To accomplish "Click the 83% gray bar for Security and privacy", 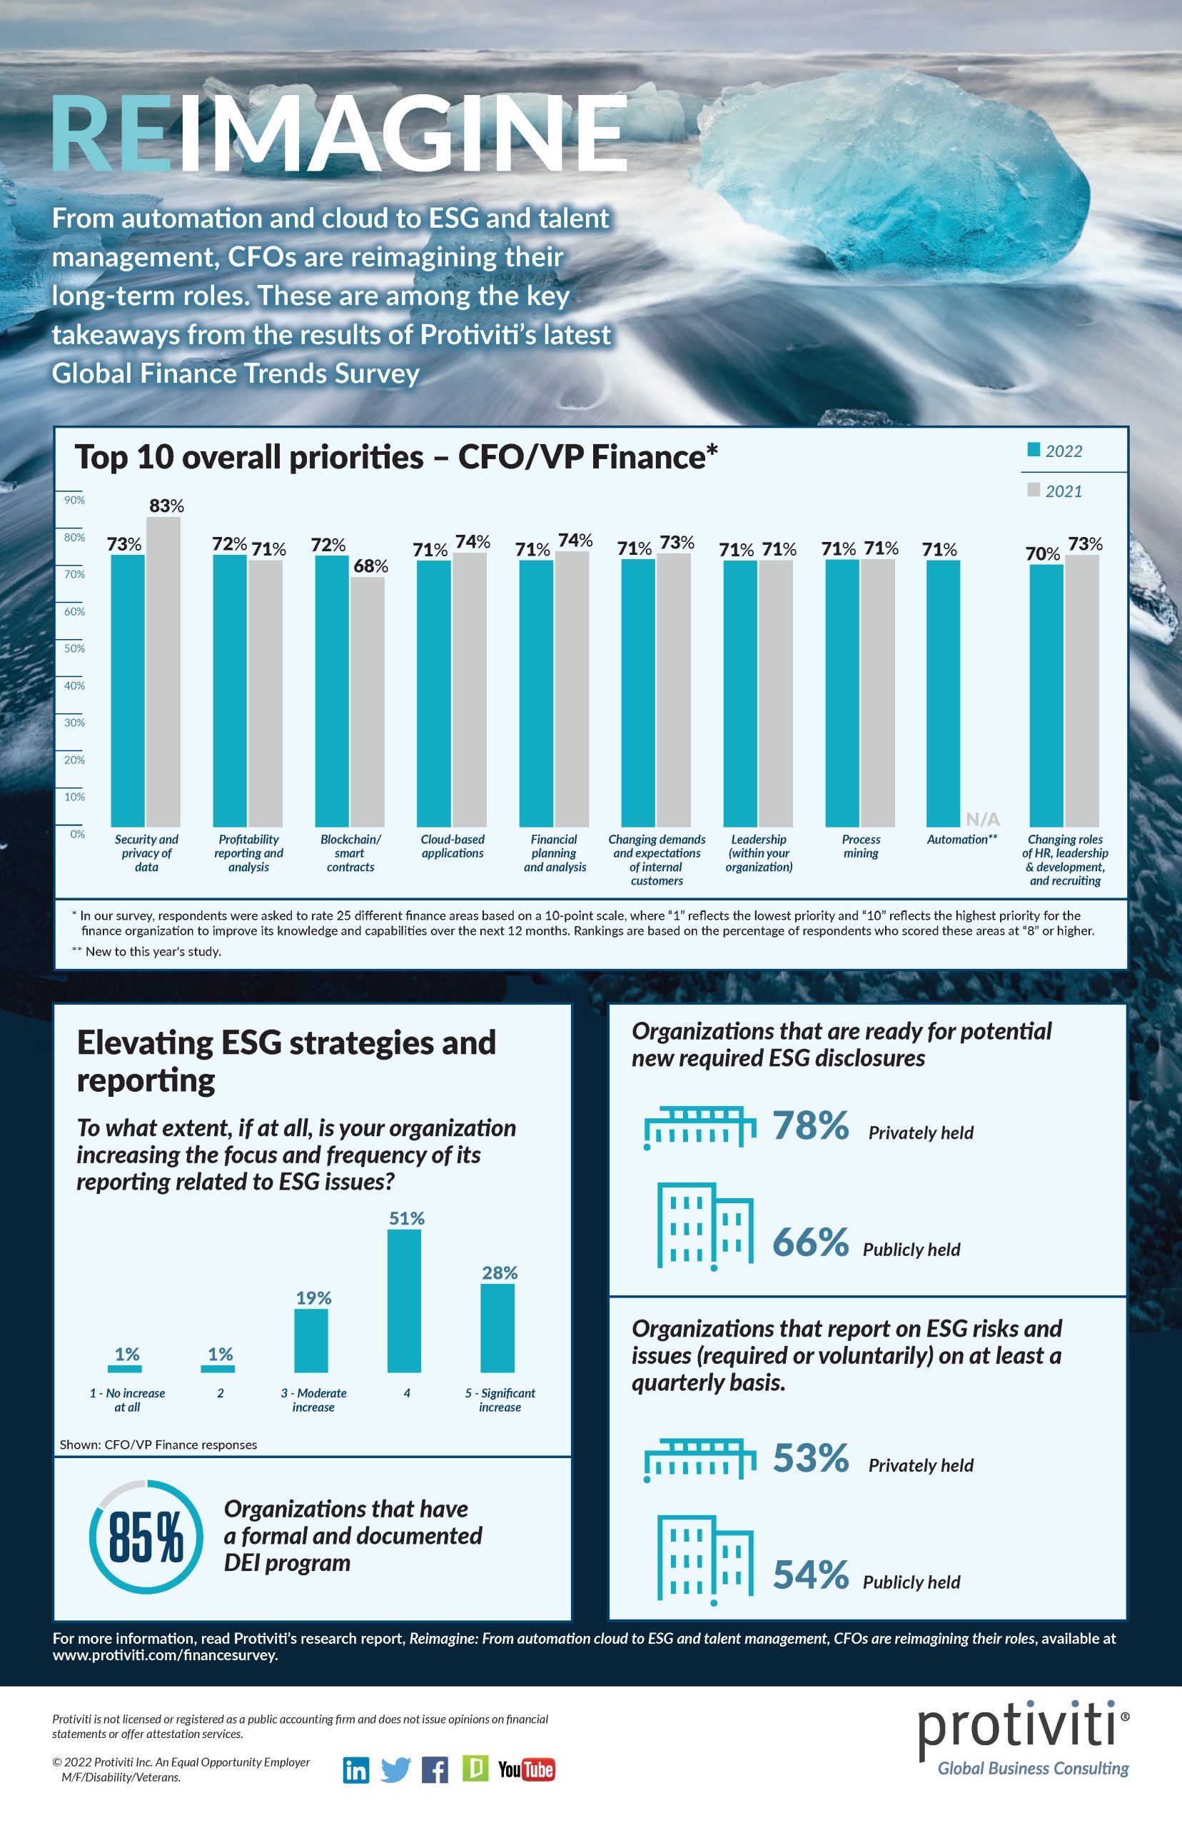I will tap(163, 672).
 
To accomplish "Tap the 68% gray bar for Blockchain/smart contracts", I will tap(368, 702).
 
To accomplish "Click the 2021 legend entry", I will tap(1054, 491).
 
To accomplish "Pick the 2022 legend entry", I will tap(1054, 451).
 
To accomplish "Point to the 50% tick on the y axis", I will tap(74, 648).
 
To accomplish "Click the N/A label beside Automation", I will tap(982, 819).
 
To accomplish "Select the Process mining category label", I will tap(860, 846).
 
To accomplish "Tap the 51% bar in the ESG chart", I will tap(405, 1300).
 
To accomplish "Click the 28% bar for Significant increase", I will tap(497, 1327).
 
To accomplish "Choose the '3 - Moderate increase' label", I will tap(313, 1400).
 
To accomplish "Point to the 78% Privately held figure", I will tap(809, 1125).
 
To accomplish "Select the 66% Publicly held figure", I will tap(809, 1242).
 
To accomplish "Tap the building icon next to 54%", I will tap(704, 1560).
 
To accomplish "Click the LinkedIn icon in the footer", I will tap(355, 1769).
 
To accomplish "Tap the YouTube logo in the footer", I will tap(526, 1769).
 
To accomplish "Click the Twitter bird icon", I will tap(396, 1769).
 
